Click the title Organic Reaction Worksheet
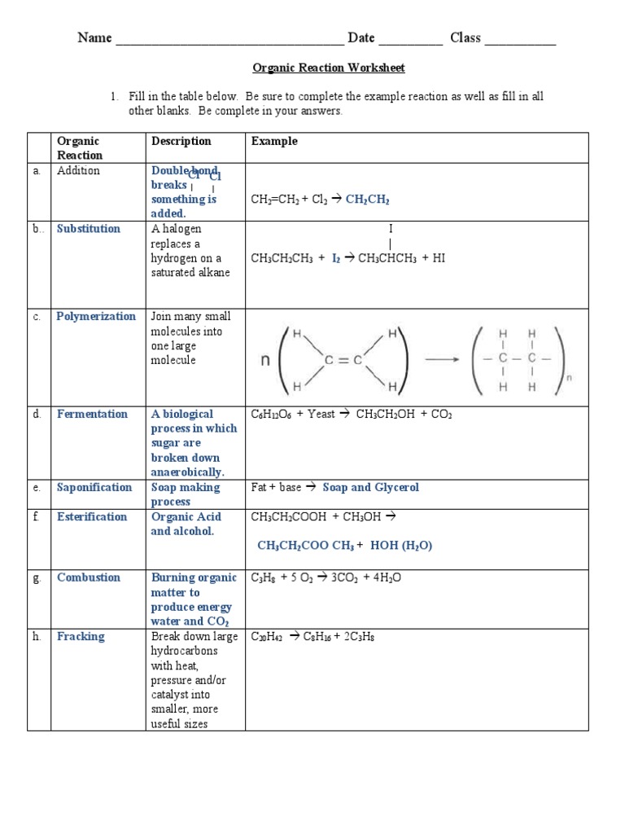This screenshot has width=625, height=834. coord(328,68)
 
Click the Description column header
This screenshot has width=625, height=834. coord(181,141)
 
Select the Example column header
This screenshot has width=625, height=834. coord(274,141)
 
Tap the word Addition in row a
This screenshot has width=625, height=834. coord(78,170)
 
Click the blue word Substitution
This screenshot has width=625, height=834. coord(88,229)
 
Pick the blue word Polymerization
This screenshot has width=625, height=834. coord(96,317)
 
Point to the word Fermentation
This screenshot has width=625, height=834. coord(92,414)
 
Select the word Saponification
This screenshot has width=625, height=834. coord(94,487)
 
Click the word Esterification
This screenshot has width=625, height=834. coord(92,516)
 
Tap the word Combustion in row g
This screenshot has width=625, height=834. coord(88,577)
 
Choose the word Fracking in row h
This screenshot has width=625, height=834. coord(81,636)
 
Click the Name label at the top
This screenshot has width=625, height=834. coord(94,37)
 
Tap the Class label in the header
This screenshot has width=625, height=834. coord(465,37)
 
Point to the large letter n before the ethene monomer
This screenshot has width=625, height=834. coord(265,360)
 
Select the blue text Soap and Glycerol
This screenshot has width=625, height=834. coord(371,487)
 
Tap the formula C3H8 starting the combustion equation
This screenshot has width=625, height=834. coord(262,578)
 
